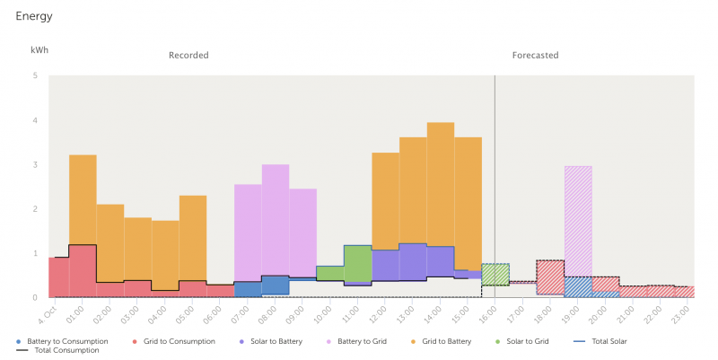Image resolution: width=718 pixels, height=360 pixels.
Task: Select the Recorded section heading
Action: pyautogui.click(x=188, y=56)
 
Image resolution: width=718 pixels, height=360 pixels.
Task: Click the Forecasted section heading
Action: pyautogui.click(x=535, y=56)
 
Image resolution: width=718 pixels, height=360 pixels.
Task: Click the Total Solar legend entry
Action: pyautogui.click(x=601, y=341)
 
